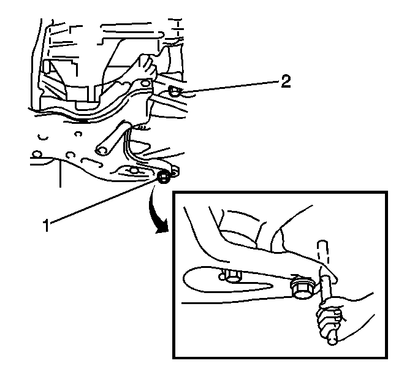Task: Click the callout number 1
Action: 47,225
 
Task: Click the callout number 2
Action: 286,82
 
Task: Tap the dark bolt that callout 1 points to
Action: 164,177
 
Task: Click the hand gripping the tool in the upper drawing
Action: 148,66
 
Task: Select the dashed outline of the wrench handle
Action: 324,253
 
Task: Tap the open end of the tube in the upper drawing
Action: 102,151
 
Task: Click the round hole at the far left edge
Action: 36,154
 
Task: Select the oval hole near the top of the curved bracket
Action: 145,84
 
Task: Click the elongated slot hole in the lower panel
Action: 91,162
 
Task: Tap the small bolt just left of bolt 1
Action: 134,170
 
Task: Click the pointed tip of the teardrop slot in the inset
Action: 273,285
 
